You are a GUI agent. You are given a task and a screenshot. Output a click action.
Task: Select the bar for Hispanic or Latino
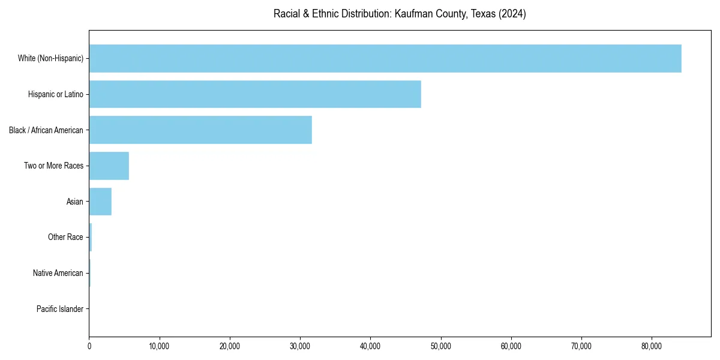255,94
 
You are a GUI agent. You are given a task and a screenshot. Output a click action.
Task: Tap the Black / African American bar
200,130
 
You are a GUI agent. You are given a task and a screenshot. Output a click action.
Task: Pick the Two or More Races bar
109,166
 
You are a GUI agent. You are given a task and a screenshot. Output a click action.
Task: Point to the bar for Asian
100,202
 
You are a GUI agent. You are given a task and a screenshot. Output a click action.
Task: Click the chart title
400,14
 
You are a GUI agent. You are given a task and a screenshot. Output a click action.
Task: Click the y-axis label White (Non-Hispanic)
50,58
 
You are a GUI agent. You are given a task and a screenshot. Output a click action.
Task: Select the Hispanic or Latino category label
56,94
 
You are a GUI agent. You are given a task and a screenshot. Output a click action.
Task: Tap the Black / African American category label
46,130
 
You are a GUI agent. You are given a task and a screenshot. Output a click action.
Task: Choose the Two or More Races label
54,166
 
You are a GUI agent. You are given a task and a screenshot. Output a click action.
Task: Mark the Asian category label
75,202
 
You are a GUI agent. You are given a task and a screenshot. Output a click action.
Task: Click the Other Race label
65,238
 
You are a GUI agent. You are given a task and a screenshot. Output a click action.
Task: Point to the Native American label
58,273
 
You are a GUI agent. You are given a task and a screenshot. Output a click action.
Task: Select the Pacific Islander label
60,309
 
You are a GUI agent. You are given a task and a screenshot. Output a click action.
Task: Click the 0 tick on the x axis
89,346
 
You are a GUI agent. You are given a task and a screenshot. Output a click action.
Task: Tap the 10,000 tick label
160,346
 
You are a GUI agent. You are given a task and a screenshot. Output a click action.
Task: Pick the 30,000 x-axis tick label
300,346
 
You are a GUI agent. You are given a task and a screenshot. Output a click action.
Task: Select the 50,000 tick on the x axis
441,346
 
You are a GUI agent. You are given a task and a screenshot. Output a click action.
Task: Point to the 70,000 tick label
581,346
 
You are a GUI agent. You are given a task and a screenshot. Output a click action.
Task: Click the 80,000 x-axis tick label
652,346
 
